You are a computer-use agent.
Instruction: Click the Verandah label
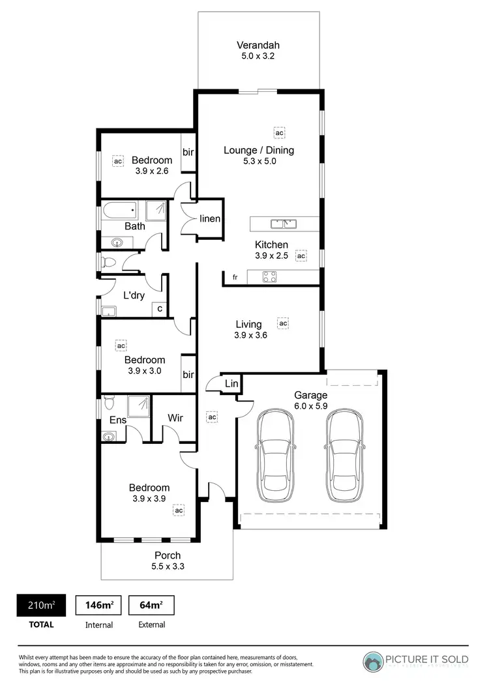pyautogui.click(x=259, y=46)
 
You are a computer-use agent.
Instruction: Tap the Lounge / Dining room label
pyautogui.click(x=259, y=150)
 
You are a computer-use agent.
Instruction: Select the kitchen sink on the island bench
pyautogui.click(x=284, y=224)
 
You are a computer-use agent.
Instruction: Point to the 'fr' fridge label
pyautogui.click(x=235, y=278)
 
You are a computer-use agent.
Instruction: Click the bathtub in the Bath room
pyautogui.click(x=119, y=210)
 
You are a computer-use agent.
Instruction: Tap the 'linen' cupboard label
pyautogui.click(x=210, y=219)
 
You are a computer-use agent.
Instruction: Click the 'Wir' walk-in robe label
pyautogui.click(x=175, y=417)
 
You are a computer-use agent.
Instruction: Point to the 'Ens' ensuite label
pyautogui.click(x=117, y=420)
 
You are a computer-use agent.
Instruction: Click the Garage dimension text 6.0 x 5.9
pyautogui.click(x=310, y=405)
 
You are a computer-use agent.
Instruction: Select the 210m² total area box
pyautogui.click(x=40, y=606)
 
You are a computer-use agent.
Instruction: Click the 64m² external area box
pyautogui.click(x=151, y=606)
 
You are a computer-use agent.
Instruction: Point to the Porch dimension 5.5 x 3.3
pyautogui.click(x=168, y=566)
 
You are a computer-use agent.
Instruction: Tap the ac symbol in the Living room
pyautogui.click(x=283, y=323)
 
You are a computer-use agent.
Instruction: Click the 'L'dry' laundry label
pyautogui.click(x=134, y=295)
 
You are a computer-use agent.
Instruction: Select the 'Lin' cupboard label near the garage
pyautogui.click(x=231, y=384)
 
